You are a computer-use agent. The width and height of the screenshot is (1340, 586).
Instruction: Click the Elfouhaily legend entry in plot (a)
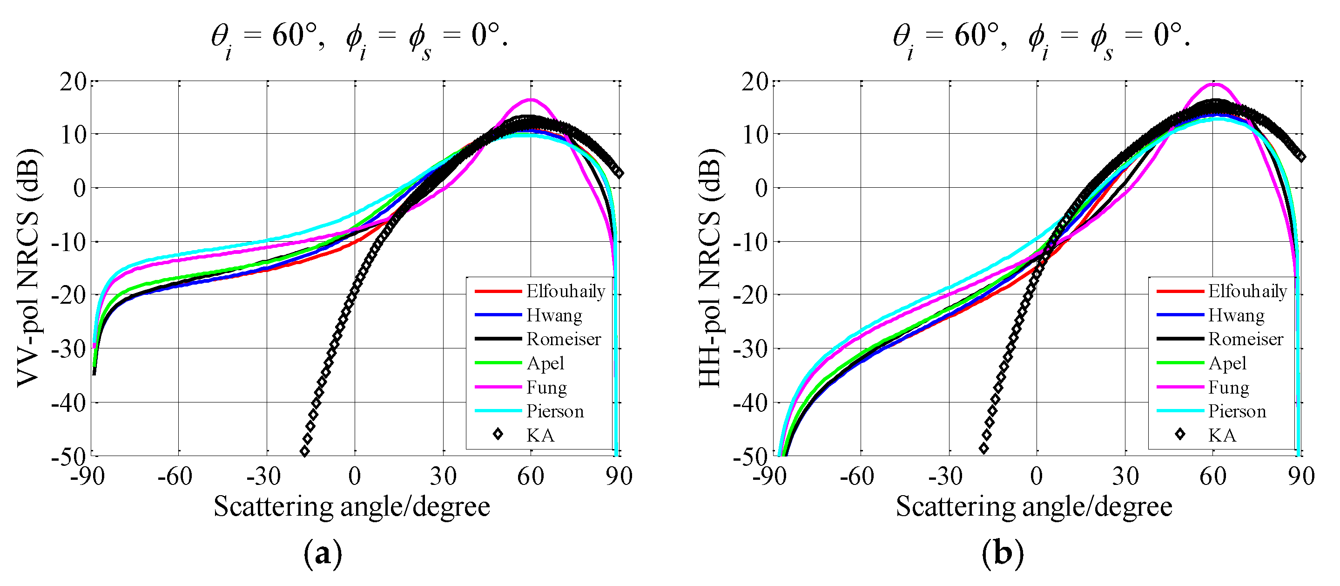(565, 292)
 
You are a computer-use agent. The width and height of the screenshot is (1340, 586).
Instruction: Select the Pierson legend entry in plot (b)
(1237, 412)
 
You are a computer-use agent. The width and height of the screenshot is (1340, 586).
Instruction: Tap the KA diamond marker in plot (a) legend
(498, 434)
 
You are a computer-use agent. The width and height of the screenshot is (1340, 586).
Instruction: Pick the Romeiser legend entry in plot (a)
(563, 339)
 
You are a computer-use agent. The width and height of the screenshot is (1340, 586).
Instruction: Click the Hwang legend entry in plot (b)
(1236, 315)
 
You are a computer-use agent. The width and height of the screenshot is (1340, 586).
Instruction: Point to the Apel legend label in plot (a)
(545, 363)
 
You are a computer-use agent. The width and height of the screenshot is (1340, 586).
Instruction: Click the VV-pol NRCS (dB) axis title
(28, 268)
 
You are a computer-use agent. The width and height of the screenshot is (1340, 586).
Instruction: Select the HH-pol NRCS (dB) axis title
(710, 268)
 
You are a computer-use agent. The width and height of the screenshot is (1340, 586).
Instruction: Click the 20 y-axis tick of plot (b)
(755, 82)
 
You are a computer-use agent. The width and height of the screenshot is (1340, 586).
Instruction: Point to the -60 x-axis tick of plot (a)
(175, 476)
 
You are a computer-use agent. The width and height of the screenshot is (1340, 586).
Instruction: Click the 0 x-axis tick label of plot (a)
(355, 476)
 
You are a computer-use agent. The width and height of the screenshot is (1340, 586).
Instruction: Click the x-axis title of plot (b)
(1034, 506)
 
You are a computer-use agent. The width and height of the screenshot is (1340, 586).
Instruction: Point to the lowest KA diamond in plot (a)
(305, 451)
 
